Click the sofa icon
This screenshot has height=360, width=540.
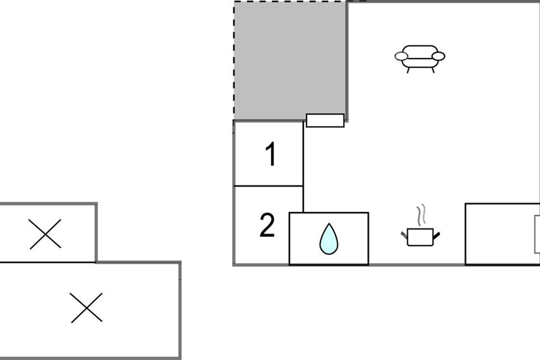click(x=420, y=58)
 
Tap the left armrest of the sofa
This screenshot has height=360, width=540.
click(x=401, y=56)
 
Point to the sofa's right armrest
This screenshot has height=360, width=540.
click(x=439, y=56)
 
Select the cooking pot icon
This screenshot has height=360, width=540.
click(x=420, y=237)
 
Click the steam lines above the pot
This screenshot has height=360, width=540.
click(x=421, y=216)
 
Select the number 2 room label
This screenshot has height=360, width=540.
click(x=267, y=226)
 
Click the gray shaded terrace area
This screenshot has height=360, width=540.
click(x=288, y=58)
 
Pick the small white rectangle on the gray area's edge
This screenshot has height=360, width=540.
click(x=325, y=121)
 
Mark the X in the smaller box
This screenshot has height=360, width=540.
click(x=45, y=234)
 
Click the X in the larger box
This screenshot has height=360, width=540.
click(x=86, y=308)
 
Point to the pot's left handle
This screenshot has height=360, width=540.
click(x=404, y=234)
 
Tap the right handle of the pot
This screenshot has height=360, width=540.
click(x=436, y=234)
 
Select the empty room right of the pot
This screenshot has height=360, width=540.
click(x=499, y=234)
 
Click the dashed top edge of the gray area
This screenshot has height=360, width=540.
click(x=288, y=2)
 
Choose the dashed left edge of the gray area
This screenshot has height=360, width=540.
click(x=234, y=58)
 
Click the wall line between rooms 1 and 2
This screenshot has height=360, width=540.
click(x=268, y=186)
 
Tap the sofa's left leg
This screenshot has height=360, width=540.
click(x=408, y=70)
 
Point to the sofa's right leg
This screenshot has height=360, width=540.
click(x=433, y=70)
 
